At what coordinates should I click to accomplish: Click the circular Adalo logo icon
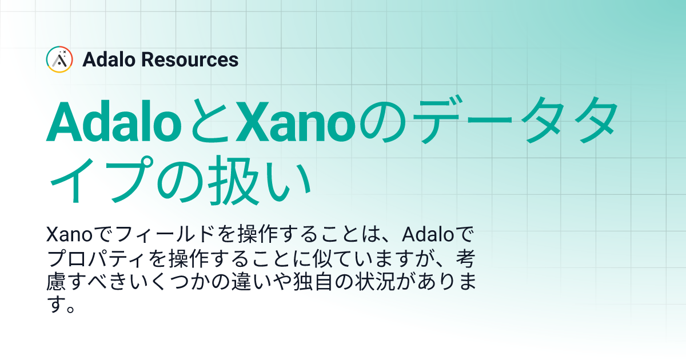pos(59,59)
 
